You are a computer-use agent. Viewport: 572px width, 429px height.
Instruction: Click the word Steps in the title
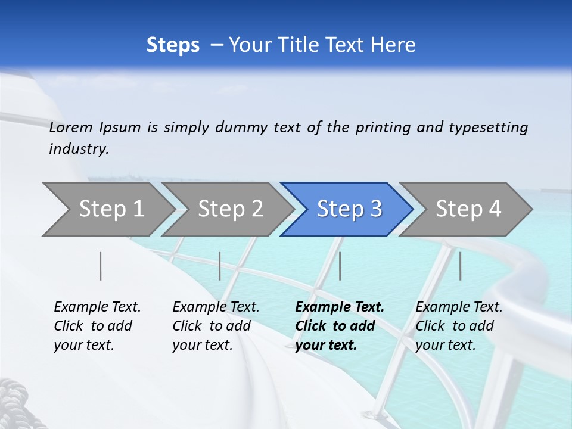coord(173,45)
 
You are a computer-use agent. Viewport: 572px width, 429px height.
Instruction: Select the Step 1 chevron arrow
coord(107,209)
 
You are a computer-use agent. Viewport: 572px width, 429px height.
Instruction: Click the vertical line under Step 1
coord(101,266)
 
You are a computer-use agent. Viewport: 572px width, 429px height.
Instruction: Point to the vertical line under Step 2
coord(220,266)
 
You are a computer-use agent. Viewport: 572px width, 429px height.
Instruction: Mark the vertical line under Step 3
coord(340,266)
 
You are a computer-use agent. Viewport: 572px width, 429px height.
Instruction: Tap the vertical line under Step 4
coord(461,266)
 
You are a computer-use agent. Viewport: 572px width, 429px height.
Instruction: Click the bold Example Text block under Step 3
coord(339,326)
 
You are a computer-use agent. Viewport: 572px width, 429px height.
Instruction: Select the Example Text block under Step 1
coord(97,326)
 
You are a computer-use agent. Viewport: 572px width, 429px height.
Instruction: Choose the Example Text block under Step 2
coord(215,326)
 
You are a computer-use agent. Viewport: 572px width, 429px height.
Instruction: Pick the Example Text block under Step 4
coord(458,326)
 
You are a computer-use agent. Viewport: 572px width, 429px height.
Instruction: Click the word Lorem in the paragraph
coord(71,128)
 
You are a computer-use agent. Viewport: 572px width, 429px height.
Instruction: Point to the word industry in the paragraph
coord(78,149)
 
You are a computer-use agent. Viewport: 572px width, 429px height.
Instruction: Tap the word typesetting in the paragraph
coord(488,128)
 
